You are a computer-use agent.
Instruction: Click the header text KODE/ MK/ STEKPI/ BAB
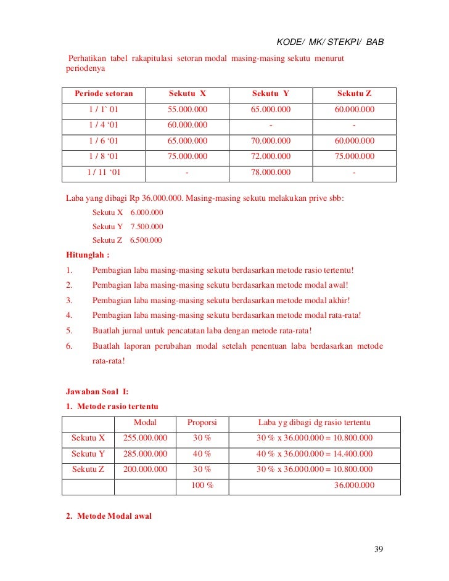[330, 43]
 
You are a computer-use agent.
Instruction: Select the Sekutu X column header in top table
[187, 94]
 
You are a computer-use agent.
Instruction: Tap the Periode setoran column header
[104, 94]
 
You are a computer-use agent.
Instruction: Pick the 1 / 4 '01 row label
[104, 125]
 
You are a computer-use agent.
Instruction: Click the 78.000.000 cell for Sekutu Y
[271, 173]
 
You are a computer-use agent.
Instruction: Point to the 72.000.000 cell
[271, 156]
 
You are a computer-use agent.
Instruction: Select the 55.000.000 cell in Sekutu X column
[187, 110]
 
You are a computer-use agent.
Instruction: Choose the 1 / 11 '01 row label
[104, 173]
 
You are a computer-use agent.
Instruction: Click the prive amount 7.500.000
[147, 226]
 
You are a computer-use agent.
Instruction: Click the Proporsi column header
[203, 423]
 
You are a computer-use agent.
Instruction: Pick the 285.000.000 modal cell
[146, 454]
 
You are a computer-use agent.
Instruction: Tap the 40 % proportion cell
[203, 454]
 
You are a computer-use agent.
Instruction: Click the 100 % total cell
[203, 486]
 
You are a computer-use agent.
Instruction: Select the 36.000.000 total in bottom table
[354, 486]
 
